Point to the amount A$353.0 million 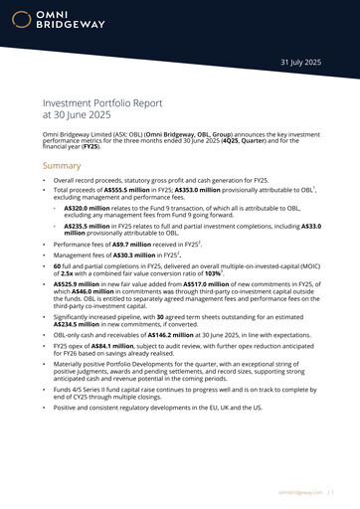(196, 188)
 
